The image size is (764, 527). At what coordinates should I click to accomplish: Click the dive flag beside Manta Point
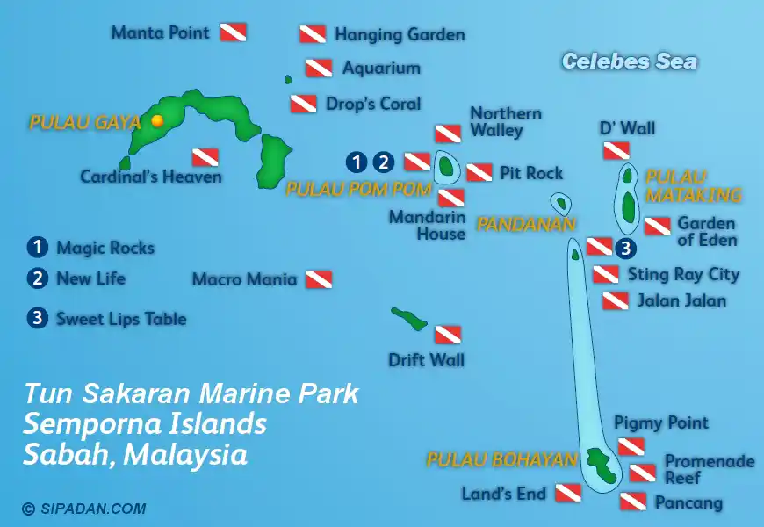[233, 32]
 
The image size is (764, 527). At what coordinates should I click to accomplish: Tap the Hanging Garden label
[399, 35]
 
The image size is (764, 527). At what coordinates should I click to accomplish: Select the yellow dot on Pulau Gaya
[157, 121]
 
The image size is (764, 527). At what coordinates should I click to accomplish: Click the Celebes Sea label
[629, 61]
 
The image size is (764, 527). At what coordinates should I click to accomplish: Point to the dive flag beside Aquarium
[319, 68]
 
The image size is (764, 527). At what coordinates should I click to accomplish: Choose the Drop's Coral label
[372, 104]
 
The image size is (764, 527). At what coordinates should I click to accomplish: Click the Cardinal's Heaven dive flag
[205, 157]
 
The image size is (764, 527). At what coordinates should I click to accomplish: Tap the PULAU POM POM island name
[358, 189]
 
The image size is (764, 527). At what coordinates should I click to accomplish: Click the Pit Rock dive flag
[479, 172]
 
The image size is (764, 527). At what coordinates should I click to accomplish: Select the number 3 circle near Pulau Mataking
[625, 248]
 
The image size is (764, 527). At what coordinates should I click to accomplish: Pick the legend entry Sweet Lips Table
[120, 319]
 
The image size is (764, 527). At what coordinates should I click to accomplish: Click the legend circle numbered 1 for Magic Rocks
[37, 248]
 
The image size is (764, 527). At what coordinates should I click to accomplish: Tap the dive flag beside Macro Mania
[319, 280]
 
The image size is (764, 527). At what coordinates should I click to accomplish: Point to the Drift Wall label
[426, 359]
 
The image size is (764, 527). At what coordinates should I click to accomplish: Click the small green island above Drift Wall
[409, 318]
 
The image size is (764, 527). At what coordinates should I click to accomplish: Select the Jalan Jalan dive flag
[615, 301]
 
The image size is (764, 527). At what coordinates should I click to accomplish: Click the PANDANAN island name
[525, 225]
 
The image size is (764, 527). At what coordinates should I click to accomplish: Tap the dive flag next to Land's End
[568, 493]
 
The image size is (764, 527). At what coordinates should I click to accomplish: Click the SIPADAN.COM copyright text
[84, 509]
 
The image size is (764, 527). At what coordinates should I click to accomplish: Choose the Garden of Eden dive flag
[658, 227]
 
